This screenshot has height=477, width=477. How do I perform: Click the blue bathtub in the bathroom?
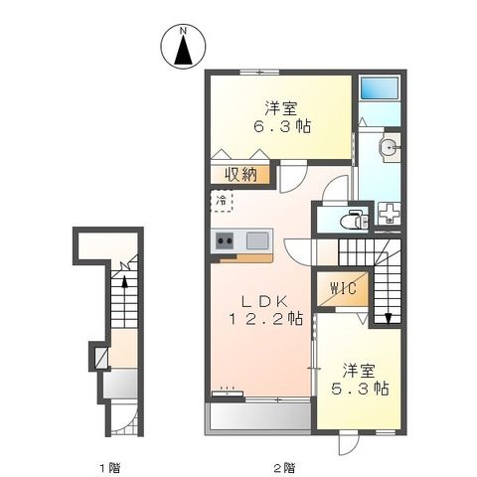pos(381,88)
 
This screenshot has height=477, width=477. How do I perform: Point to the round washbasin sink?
pos(390,149)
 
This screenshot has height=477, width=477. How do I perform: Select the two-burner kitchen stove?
pos(222,239)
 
